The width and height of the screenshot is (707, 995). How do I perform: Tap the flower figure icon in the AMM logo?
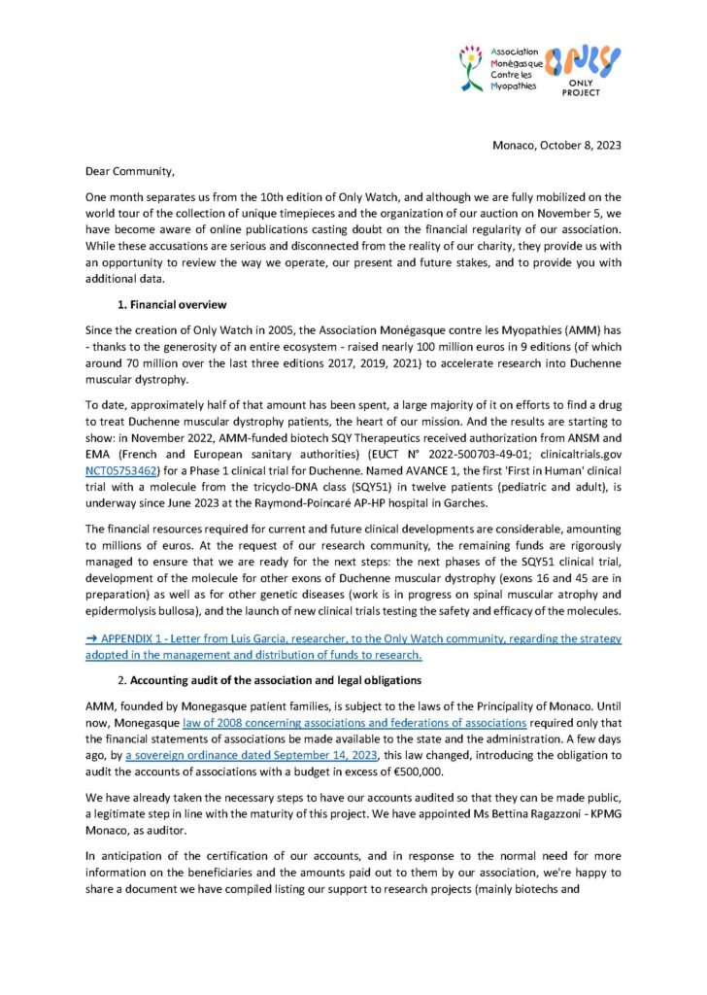point(473,67)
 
